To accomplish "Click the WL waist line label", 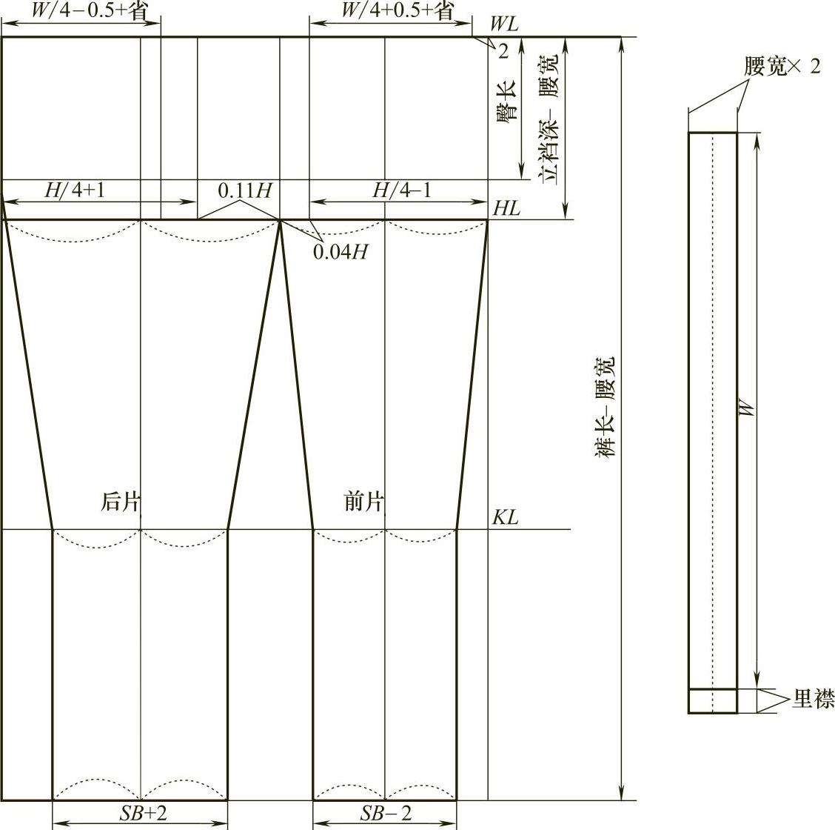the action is point(505,23).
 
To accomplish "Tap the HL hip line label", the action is point(506,208).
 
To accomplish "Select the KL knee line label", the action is point(506,517).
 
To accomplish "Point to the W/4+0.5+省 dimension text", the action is point(396,10).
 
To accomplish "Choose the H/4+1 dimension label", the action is point(75,190).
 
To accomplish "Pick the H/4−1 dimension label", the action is point(401,190).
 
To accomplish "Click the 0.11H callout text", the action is point(244,190).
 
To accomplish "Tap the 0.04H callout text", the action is point(340,252).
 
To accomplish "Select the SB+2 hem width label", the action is point(144,813).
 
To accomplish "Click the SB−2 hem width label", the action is point(385,813).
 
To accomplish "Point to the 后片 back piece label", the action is point(120,502).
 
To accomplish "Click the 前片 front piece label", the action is point(364,502).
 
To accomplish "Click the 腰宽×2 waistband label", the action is point(782,67).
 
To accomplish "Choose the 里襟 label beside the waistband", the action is point(813,699).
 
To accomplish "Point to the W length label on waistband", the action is point(748,408).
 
